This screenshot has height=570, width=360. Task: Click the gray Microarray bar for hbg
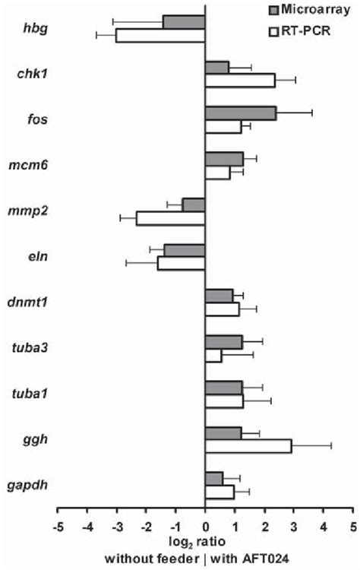click(184, 22)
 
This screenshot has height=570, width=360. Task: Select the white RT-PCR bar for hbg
click(160, 36)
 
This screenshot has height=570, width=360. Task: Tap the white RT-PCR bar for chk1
click(240, 81)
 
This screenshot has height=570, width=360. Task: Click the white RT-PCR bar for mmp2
click(171, 218)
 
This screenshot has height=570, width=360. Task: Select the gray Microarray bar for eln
click(185, 250)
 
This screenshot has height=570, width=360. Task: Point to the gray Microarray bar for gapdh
click(214, 478)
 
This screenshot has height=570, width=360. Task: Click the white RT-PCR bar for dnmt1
click(223, 309)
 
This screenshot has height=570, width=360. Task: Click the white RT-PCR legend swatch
click(276, 31)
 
